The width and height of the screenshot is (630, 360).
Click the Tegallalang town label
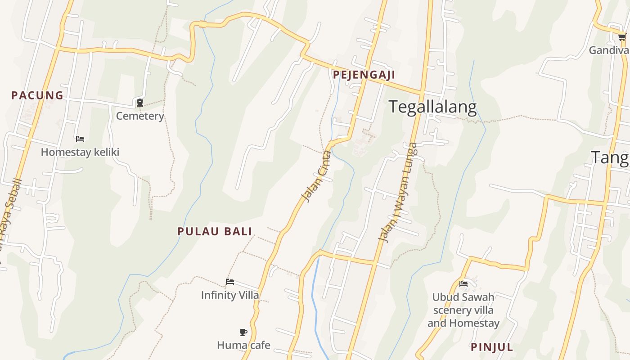[x=432, y=107]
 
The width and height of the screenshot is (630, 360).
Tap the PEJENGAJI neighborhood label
[x=364, y=75]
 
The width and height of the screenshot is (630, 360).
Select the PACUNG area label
[x=37, y=95]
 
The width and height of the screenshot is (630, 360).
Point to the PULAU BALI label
[x=215, y=231]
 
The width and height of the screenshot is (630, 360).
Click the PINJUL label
[x=492, y=347]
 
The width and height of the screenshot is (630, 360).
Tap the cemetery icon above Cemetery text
[x=140, y=103]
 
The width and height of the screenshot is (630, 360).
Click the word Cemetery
[x=140, y=116]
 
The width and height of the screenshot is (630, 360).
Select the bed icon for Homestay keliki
[x=80, y=139]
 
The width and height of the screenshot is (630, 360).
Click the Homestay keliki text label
[x=80, y=152]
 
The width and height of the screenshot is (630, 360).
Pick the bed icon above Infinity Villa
[x=230, y=282]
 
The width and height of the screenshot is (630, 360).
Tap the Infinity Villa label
[x=230, y=295]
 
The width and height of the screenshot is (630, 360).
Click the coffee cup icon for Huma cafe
[x=243, y=333]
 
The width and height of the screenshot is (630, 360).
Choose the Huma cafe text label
[x=243, y=345]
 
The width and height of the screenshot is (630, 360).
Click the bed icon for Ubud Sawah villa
[x=463, y=284]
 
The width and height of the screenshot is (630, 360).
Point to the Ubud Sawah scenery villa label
[x=463, y=310]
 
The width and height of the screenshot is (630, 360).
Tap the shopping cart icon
[x=622, y=37]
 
